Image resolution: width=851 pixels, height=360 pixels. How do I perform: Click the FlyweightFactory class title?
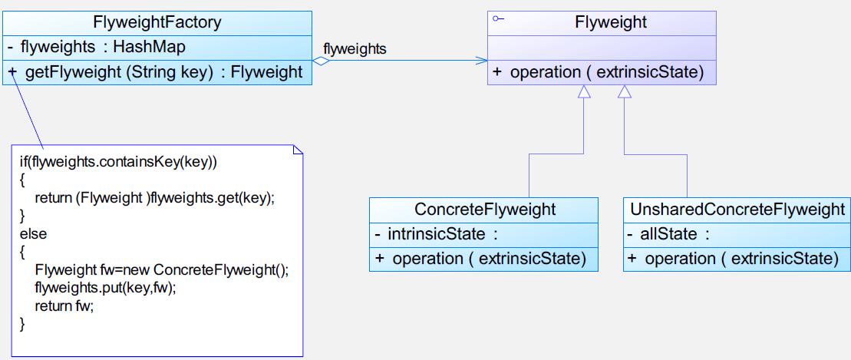pos(157,23)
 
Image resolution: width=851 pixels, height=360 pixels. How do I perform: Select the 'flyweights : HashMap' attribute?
pos(97,48)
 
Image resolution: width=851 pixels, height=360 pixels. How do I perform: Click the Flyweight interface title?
pos(611,22)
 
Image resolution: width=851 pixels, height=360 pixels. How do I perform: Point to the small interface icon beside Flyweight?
pos(498,19)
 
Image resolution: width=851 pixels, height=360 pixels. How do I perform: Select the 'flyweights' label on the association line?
pos(355,49)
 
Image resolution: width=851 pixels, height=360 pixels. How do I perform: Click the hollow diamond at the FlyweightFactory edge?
pos(322,61)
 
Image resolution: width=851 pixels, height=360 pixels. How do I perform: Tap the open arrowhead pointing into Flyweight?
pos(481,61)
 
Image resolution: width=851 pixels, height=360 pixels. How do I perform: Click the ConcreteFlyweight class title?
pos(485,210)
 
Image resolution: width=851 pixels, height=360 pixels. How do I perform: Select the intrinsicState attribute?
pos(437,235)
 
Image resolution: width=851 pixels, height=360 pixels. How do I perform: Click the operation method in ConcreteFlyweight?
pos(480,259)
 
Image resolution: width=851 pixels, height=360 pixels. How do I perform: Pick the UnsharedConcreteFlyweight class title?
pos(737,209)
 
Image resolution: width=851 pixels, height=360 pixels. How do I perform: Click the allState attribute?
pos(668,235)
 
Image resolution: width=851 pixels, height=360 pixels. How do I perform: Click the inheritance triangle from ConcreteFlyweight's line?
pos(583,92)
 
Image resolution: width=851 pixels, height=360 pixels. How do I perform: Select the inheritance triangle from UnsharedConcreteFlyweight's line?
pos(625,92)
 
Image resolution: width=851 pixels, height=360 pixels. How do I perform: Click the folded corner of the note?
pos(298,150)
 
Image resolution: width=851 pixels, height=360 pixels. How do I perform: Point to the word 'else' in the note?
pos(34,235)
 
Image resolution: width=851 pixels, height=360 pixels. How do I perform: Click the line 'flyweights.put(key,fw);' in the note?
pos(106,289)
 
